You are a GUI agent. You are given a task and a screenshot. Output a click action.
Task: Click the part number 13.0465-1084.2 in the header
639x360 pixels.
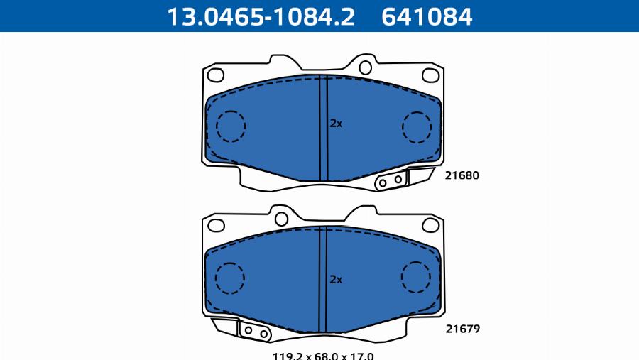click(x=261, y=17)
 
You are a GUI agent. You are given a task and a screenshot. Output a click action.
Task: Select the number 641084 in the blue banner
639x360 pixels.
click(x=427, y=17)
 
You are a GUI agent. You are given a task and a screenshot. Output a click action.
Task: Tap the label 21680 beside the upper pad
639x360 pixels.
click(x=461, y=175)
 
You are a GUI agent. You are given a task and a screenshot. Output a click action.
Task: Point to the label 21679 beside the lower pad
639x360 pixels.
click(x=462, y=329)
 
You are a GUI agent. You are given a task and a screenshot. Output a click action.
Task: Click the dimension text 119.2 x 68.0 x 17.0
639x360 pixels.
click(x=323, y=356)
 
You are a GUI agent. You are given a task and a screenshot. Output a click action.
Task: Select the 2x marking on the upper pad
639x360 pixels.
click(x=336, y=123)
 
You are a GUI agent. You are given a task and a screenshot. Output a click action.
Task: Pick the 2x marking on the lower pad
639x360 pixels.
click(x=336, y=279)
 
